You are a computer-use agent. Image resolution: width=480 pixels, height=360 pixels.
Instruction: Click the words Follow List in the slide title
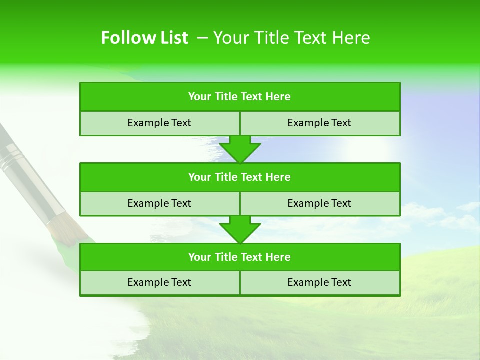[144, 38]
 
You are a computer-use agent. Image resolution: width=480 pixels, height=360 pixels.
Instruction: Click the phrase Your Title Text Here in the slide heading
[291, 38]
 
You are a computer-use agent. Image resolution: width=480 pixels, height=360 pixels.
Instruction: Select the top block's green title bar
[240, 97]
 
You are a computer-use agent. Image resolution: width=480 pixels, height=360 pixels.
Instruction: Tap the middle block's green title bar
[240, 177]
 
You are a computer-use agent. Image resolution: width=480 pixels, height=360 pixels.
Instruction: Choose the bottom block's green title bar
[240, 257]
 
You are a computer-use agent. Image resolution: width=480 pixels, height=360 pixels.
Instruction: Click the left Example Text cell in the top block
[159, 123]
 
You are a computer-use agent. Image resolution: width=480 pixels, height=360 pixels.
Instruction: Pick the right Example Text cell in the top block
[319, 123]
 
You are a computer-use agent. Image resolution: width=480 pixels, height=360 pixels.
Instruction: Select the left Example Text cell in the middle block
[159, 203]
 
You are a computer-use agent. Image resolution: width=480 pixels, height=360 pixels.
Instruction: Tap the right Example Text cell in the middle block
[319, 203]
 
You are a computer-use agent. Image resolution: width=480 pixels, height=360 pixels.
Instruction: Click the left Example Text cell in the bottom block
[159, 283]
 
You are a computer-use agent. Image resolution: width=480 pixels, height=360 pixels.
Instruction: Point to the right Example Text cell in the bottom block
[319, 283]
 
